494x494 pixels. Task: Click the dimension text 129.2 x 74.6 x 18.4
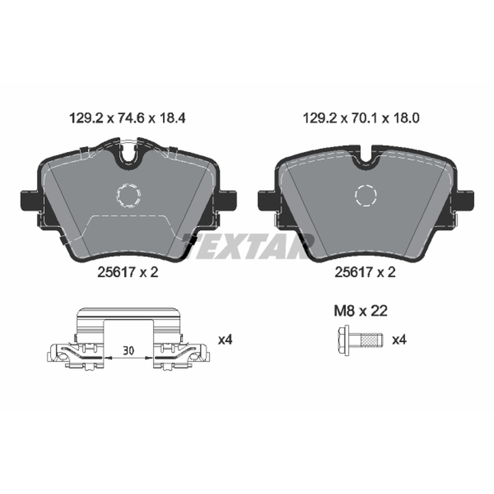pyautogui.click(x=127, y=119)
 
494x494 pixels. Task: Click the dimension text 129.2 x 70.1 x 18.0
pyautogui.click(x=361, y=119)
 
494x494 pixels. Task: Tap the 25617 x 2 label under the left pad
pyautogui.click(x=128, y=272)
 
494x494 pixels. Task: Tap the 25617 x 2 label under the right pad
pyautogui.click(x=365, y=272)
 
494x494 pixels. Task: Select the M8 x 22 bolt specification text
pyautogui.click(x=361, y=311)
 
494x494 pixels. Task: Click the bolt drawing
pyautogui.click(x=360, y=341)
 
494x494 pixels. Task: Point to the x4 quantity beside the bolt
pyautogui.click(x=399, y=340)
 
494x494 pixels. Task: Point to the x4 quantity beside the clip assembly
pyautogui.click(x=225, y=340)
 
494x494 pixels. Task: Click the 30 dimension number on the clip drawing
pyautogui.click(x=128, y=351)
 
